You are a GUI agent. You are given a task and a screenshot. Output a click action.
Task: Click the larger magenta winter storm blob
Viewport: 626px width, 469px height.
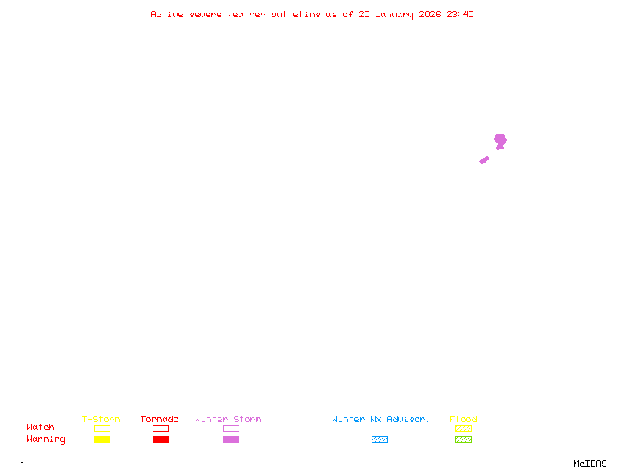coord(500,141)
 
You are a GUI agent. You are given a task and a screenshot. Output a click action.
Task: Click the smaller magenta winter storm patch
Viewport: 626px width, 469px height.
coord(484,160)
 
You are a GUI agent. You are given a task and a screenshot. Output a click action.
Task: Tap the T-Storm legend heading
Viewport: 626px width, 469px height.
coord(101,419)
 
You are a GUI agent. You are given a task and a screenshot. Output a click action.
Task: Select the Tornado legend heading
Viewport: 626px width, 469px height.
coord(160,419)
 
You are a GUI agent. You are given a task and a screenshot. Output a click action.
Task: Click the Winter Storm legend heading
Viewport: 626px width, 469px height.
coord(228,419)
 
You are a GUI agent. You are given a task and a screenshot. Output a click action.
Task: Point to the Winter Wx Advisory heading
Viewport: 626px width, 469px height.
coord(381,420)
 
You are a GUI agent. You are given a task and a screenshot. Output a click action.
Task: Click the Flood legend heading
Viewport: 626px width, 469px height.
coord(463,419)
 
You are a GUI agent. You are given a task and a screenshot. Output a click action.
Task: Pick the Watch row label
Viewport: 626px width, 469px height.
coord(41,427)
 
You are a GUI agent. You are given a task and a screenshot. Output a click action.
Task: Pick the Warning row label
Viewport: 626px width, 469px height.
coord(46,439)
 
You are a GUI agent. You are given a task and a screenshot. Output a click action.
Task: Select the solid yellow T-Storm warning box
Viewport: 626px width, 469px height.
coord(103,439)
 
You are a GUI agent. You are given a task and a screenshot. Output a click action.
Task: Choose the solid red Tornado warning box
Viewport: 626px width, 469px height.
coord(161,439)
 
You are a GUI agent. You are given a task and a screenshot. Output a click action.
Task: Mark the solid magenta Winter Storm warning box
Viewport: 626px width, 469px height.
coord(231,439)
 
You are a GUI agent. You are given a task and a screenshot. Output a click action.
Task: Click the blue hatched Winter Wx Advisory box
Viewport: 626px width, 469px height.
coord(380,439)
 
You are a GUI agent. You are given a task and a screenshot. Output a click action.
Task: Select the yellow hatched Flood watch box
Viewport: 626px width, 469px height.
coord(463,428)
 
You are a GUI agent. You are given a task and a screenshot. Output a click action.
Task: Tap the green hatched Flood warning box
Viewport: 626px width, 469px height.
coord(463,439)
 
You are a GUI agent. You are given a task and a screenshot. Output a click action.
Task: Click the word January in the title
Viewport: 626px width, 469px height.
coord(394,15)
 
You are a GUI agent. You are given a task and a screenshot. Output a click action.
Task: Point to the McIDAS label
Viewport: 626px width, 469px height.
coord(590,464)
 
